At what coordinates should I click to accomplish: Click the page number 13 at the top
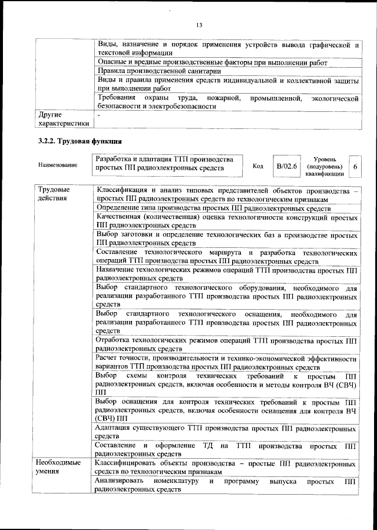(199, 25)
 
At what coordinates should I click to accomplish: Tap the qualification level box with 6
(355, 167)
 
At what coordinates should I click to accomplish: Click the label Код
(257, 166)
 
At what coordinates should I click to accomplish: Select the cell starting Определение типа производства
(213, 208)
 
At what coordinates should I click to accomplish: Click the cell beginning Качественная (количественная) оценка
(226, 221)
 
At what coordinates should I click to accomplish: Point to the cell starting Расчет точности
(226, 362)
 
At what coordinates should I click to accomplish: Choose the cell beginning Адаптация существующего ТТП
(226, 433)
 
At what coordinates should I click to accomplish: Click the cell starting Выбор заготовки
(226, 238)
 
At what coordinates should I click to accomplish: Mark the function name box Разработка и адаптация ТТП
(167, 164)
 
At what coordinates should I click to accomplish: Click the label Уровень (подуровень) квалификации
(325, 167)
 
